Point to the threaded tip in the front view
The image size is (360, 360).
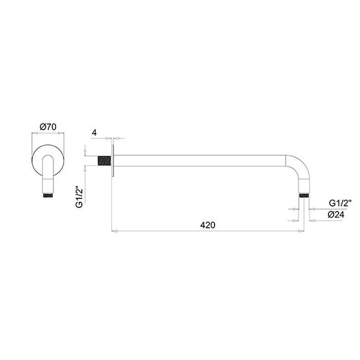pos(48,195)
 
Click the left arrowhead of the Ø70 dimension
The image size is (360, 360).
pos(34,133)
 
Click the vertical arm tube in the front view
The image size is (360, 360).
pos(48,177)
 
